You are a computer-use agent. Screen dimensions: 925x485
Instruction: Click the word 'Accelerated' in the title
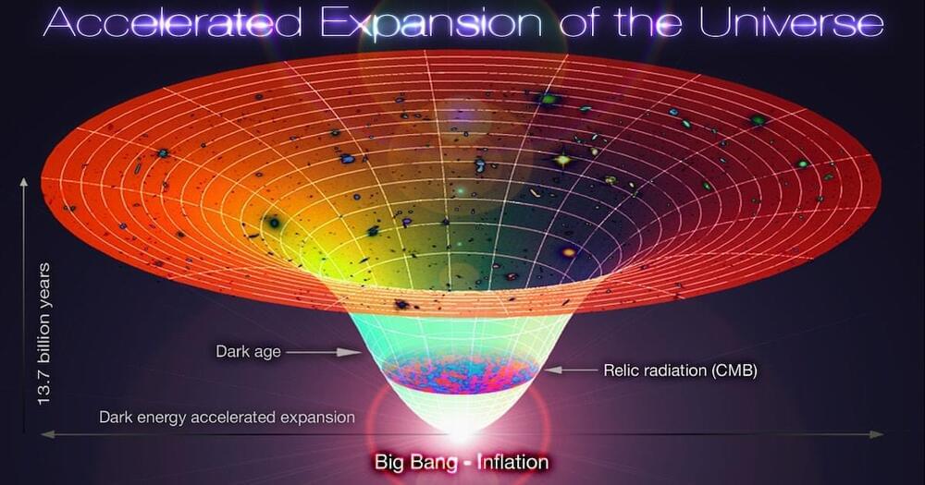point(172,23)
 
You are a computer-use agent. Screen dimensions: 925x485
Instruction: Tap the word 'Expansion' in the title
point(431,24)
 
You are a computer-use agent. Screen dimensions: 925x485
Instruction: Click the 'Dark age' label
point(248,352)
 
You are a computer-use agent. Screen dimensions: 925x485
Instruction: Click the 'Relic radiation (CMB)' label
point(680,370)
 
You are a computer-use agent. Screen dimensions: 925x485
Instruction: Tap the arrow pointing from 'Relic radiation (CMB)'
point(571,370)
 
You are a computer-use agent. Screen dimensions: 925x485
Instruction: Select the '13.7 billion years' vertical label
point(44,334)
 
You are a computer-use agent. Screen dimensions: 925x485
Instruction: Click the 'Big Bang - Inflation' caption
point(462,461)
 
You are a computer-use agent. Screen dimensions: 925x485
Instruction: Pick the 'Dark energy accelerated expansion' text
point(228,418)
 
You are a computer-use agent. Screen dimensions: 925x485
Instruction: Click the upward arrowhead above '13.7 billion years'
point(24,182)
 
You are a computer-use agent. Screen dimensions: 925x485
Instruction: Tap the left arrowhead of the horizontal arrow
point(47,434)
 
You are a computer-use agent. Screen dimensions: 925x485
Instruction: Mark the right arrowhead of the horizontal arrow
point(877,434)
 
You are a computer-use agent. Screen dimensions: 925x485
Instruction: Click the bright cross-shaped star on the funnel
point(562,159)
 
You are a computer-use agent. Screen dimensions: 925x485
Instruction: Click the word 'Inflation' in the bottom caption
point(512,461)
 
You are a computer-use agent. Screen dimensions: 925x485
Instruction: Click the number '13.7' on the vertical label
point(44,391)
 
